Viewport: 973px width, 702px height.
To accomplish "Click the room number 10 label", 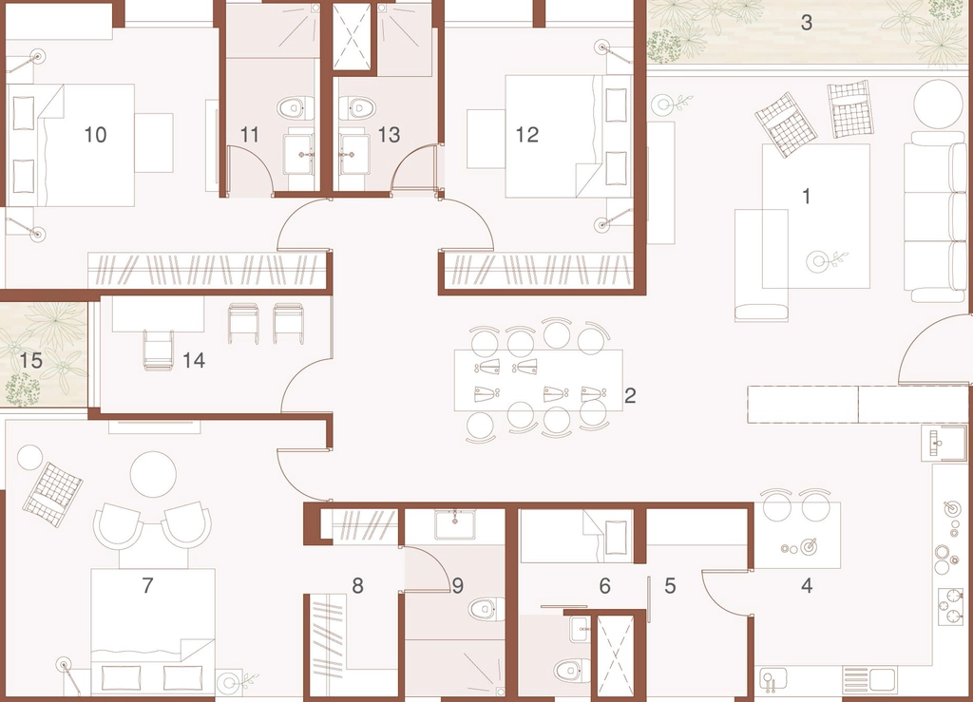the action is point(95,135).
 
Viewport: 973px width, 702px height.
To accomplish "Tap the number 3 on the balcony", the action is point(806,23).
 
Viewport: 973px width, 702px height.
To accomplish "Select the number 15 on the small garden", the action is point(31,360).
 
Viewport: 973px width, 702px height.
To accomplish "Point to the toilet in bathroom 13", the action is point(358,108).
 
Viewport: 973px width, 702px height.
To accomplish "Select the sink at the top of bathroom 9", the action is point(455,524).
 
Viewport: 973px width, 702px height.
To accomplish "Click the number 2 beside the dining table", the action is point(630,396).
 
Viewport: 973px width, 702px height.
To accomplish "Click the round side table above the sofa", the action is point(938,104).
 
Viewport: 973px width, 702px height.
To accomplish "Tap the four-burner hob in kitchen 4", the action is point(950,605).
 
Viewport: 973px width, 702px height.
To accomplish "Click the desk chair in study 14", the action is point(159,351).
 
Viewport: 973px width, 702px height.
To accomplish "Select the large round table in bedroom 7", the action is point(153,474).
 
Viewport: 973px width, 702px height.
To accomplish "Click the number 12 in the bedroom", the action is point(526,135).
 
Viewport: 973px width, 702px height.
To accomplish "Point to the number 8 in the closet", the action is point(357,585).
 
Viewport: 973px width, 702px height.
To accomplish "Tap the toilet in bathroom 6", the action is point(571,670).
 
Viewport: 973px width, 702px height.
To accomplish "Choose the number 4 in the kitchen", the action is point(807,585).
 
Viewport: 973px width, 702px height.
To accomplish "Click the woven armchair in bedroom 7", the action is point(52,494).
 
